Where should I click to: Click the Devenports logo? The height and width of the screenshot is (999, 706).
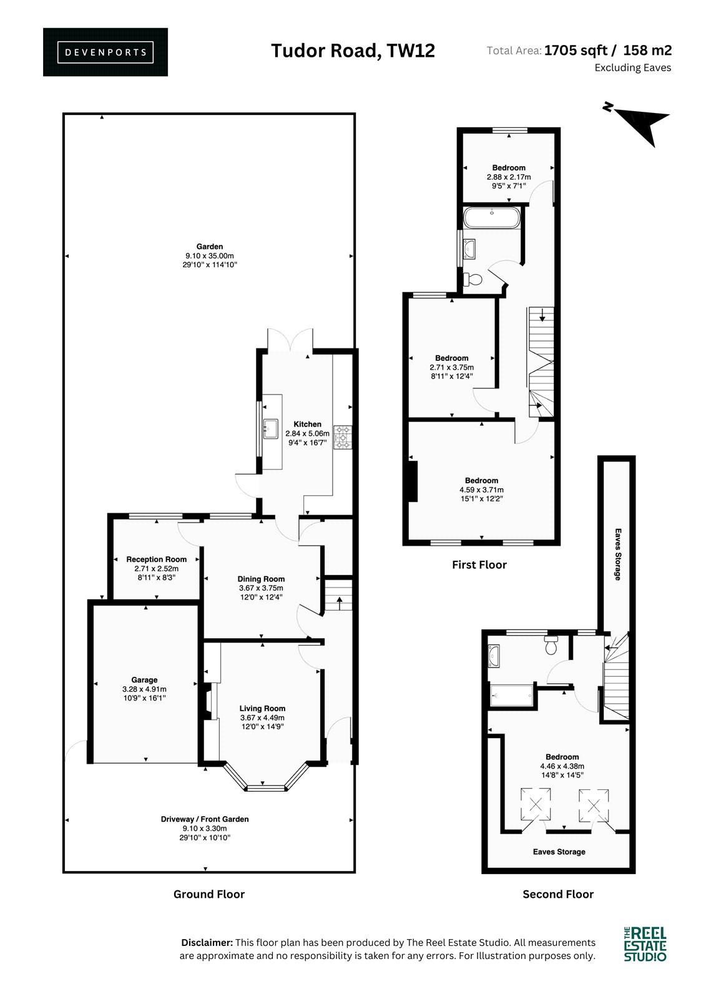pos(105,52)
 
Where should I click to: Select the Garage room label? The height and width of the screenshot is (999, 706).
pos(144,680)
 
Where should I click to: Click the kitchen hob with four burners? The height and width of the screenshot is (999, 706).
pos(343,437)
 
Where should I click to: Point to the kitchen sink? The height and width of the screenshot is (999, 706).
pos(271,429)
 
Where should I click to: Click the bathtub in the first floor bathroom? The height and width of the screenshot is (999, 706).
pos(491,218)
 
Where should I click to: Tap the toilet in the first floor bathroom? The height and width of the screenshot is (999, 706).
pos(473,280)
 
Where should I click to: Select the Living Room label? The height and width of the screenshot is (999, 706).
pos(262,708)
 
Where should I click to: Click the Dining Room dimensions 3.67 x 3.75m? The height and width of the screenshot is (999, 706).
pos(261,588)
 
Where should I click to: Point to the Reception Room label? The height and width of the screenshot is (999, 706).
pos(156,559)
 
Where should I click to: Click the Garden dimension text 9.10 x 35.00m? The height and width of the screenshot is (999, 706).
pos(210,255)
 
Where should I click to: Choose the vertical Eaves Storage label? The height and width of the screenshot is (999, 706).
pos(618,554)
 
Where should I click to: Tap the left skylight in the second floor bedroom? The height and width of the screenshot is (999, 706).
pos(535,804)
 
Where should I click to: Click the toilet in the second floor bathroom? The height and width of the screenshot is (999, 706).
pos(551,645)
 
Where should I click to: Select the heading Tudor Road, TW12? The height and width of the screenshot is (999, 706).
pos(353,51)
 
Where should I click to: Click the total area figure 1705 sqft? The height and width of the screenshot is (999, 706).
pos(576,51)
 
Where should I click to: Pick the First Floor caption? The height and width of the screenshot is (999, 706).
pos(479,564)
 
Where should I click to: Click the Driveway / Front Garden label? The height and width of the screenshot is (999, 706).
pos(205,819)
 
